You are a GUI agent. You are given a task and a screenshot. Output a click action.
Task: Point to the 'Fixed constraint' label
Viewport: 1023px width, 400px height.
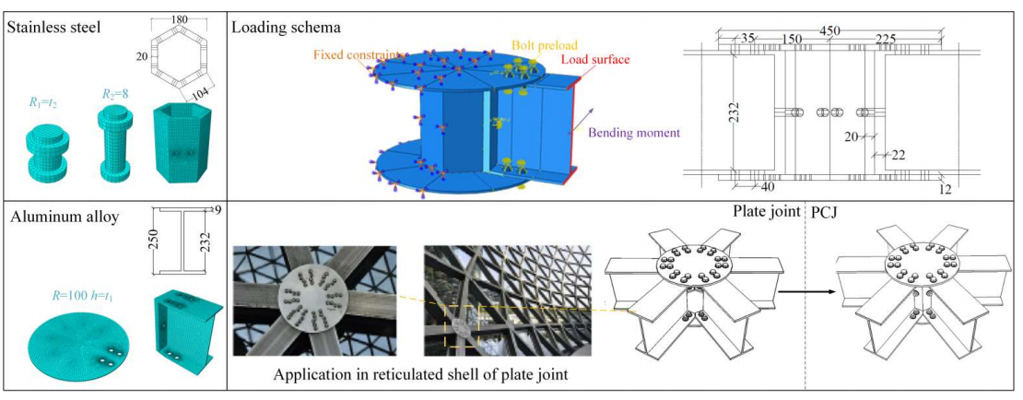tap(348, 54)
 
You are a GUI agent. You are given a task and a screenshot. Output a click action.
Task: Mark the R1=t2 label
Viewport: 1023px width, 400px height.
tap(42, 103)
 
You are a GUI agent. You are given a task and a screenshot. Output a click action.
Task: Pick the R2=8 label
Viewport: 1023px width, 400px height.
tap(117, 94)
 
